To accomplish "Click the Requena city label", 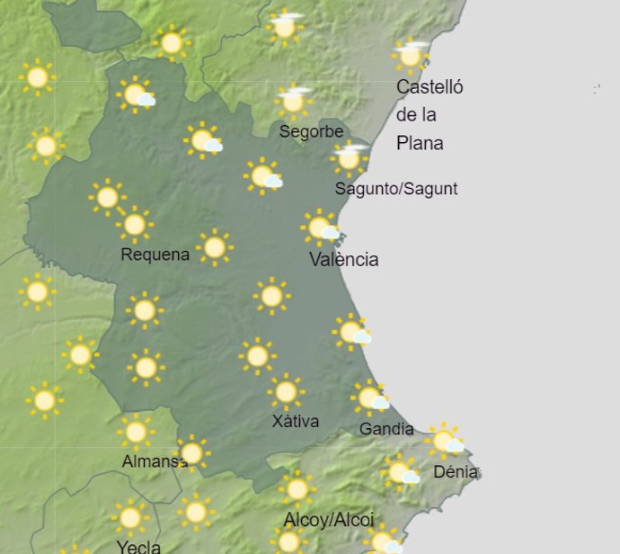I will [x=155, y=255].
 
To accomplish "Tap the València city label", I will [x=343, y=260].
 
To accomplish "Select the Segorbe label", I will [x=311, y=131].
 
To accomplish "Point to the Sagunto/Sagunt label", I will [x=395, y=189].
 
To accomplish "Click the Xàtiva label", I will [x=295, y=421].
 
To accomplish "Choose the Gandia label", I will [x=386, y=429].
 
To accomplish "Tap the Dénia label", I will [x=456, y=472].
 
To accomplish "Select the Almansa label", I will [x=154, y=461].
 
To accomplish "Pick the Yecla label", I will [x=138, y=546].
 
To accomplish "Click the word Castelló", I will [x=430, y=87].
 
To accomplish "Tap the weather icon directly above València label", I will [x=320, y=228].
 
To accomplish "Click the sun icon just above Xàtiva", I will [x=286, y=391].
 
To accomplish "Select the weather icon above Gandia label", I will [x=369, y=397].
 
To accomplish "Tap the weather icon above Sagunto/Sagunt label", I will [x=349, y=157].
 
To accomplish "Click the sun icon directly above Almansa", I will [x=136, y=433].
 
